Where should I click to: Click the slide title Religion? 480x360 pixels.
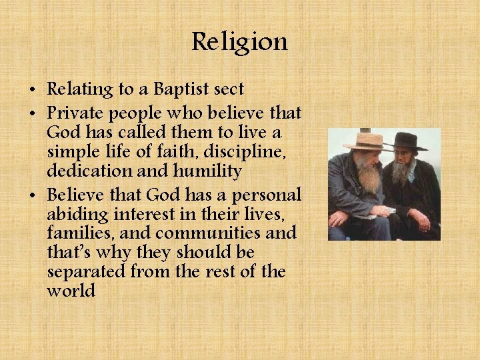239,43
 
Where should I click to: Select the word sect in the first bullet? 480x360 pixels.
229,89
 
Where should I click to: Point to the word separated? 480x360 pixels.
88,273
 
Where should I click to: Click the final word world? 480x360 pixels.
71,291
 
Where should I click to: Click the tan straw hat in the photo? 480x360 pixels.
366,141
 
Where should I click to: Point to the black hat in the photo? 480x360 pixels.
405,141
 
